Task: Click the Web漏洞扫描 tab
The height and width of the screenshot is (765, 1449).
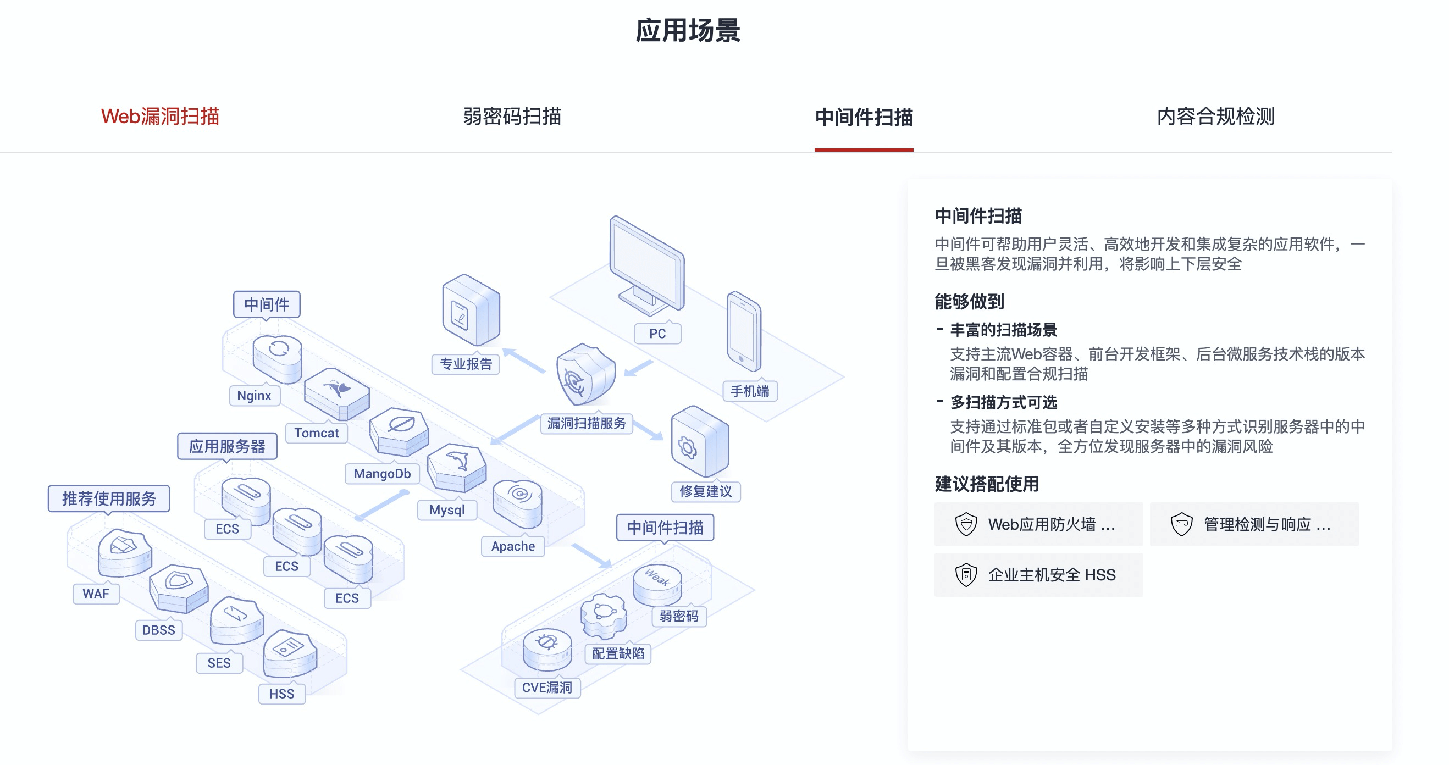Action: click(160, 117)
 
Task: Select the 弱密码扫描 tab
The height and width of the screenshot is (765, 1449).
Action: click(512, 117)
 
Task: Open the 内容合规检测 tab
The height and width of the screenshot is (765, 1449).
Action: click(1215, 117)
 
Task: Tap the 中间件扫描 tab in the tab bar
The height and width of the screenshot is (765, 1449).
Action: click(864, 118)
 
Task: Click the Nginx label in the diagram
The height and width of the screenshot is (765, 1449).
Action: click(255, 396)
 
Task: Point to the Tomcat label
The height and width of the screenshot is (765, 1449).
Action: click(316, 433)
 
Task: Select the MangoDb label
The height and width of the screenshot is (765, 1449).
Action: click(382, 474)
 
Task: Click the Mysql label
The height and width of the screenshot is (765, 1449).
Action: click(446, 510)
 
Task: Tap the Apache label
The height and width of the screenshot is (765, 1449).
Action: click(512, 546)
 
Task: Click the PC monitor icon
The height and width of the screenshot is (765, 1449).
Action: click(647, 264)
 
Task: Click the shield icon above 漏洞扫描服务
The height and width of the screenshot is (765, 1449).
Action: click(584, 374)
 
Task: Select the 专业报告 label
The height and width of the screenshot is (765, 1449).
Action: click(466, 364)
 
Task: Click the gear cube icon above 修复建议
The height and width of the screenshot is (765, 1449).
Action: click(699, 442)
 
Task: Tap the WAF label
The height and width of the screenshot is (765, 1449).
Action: click(96, 594)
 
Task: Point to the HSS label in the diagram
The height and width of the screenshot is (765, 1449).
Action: click(281, 694)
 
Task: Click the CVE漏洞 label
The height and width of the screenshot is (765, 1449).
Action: click(547, 688)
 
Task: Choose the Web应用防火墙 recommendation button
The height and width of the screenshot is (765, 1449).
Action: click(1038, 524)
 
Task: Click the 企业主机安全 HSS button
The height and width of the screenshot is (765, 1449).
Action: click(1038, 575)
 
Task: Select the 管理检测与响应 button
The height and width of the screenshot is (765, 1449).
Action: click(1253, 524)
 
